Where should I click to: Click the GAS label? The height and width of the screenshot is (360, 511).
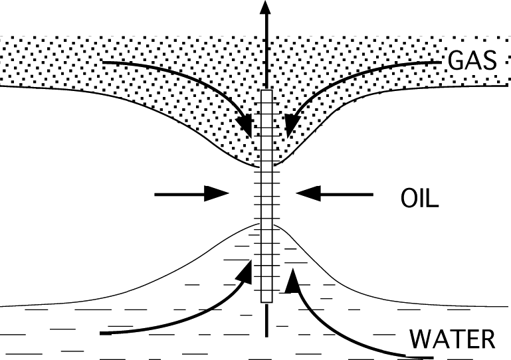(x=472, y=61)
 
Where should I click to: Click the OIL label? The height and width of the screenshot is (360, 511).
(x=419, y=199)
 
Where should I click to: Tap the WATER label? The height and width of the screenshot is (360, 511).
(x=453, y=339)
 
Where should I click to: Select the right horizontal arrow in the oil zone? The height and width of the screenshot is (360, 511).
(x=336, y=194)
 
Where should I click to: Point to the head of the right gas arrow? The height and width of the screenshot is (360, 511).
(x=290, y=127)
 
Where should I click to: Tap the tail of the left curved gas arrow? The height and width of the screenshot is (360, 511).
(x=105, y=62)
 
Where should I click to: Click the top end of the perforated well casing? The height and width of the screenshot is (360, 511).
(x=266, y=91)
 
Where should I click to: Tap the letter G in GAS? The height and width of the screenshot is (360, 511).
(x=457, y=61)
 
